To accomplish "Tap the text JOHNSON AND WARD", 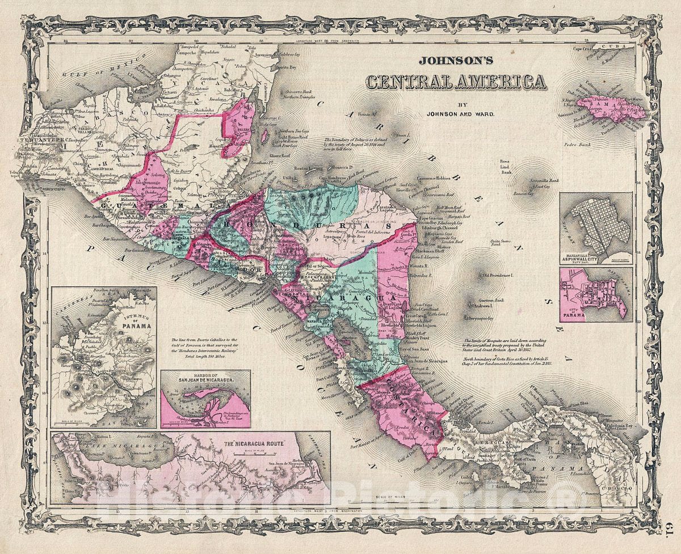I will click(x=457, y=113).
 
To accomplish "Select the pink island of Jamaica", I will click(x=610, y=108).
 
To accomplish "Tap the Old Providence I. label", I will click(x=498, y=276).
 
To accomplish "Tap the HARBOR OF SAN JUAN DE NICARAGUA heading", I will click(x=205, y=378).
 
